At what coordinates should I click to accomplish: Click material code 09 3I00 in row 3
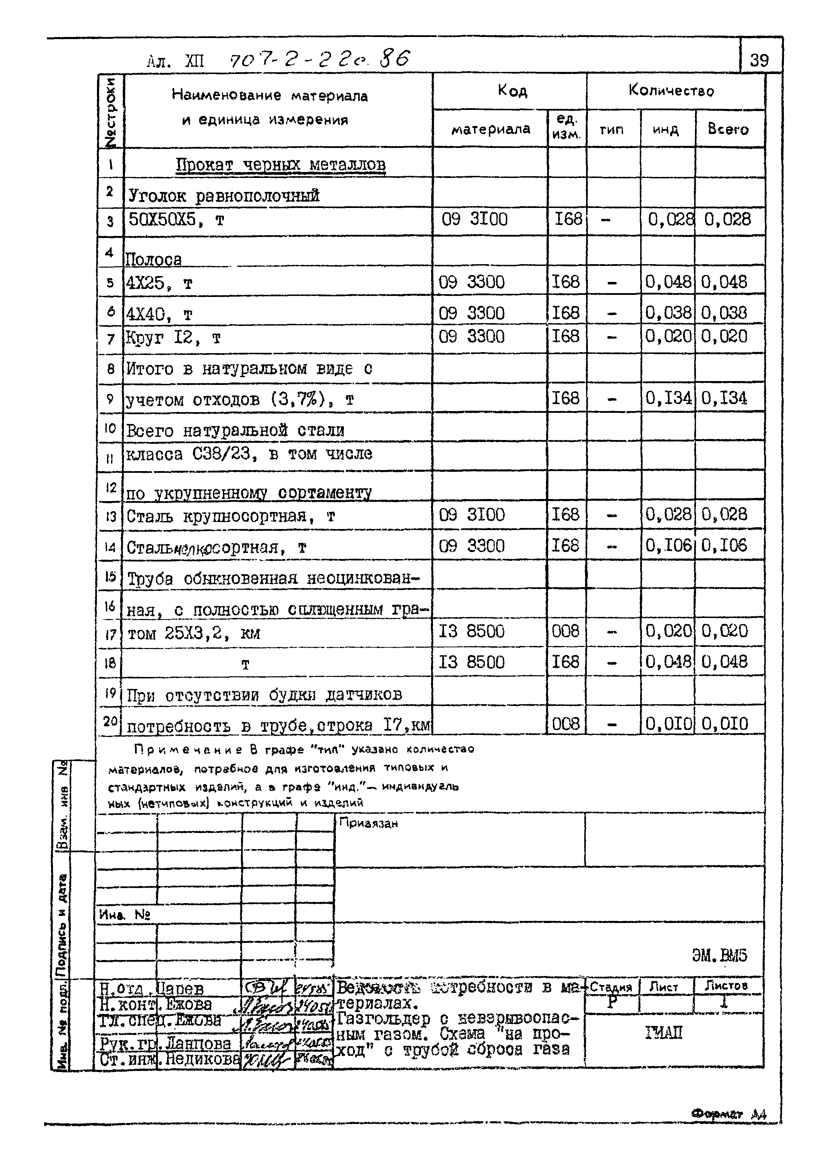[474, 220]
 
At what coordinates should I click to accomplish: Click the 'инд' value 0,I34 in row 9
[668, 399]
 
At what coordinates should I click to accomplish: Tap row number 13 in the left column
[111, 516]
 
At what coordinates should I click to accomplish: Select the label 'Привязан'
[368, 823]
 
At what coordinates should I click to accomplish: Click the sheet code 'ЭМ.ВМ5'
[719, 955]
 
